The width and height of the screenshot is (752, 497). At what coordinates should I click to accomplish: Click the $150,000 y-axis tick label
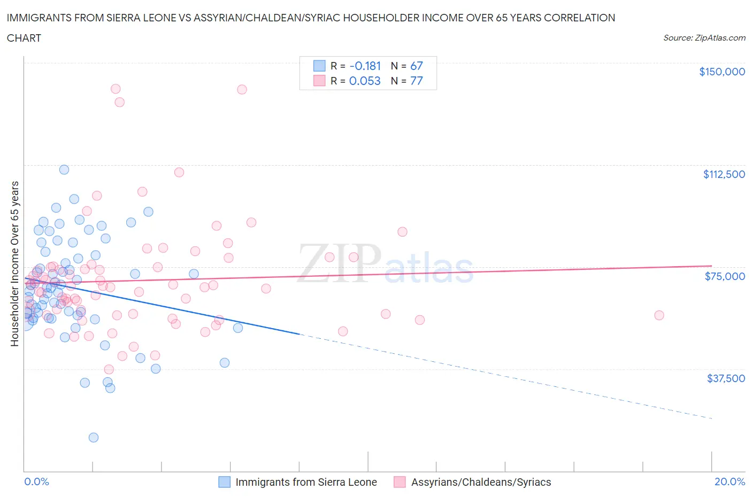coord(722,72)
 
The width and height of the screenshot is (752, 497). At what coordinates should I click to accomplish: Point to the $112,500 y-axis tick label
coord(724,174)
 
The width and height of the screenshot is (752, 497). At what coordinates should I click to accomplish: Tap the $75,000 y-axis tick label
coord(725,276)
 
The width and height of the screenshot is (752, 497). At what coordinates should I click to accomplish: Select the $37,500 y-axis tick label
coord(725,378)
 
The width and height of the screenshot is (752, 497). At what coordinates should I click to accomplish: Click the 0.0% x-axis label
coord(36,482)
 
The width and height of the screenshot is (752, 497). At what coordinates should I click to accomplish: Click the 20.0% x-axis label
coord(730,482)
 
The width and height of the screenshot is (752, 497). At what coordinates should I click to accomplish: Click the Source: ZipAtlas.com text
coord(704,38)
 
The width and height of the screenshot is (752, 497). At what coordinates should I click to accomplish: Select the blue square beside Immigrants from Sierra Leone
coord(225,482)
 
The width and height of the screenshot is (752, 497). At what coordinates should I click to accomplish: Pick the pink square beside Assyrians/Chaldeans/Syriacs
coord(400,482)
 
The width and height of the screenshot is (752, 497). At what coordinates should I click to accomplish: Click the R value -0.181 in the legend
coord(365,66)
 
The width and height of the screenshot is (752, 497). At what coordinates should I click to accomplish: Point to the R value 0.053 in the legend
coord(365,81)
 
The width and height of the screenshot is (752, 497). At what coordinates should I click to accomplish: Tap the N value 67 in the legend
coord(416,66)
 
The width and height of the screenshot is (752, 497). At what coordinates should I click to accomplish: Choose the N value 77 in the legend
coord(416,81)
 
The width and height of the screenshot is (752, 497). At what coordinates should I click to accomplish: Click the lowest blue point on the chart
coord(94,437)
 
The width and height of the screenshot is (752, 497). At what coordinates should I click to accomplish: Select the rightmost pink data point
coord(659,315)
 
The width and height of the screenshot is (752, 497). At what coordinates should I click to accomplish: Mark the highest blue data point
coord(64,169)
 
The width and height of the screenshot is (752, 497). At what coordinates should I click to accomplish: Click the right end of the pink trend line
coord(711,266)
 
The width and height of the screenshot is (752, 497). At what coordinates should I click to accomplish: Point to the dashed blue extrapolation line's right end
coord(711,418)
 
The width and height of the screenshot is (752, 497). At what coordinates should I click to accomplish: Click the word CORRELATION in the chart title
coord(579,18)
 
